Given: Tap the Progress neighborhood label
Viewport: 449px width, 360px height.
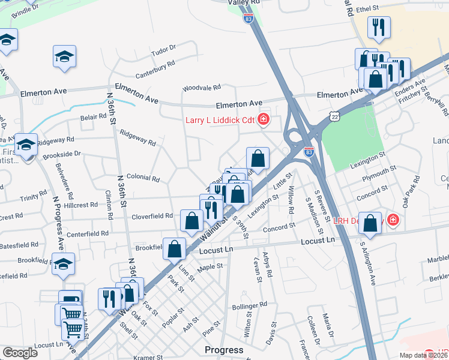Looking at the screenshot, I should click(224, 350).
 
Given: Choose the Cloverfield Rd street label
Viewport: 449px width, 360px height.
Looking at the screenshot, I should click(153, 216).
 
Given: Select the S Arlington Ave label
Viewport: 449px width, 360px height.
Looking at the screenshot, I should click(367, 262).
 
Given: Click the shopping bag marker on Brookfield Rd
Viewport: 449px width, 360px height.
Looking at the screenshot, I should click(174, 248).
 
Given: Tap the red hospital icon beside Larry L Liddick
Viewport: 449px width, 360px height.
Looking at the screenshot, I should click(263, 120).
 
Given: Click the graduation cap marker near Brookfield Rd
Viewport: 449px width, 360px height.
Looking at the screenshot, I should click(63, 264).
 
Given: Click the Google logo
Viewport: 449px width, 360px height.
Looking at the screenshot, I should click(20, 353).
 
